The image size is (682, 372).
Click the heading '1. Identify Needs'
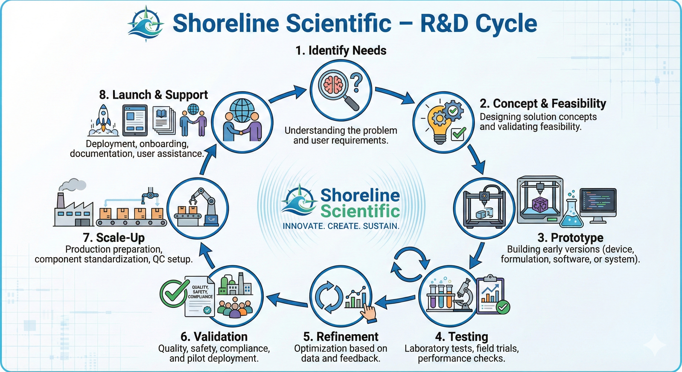pos(341,51)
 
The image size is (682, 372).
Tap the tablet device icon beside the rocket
pos(135,120)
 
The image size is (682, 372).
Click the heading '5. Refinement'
pos(341,337)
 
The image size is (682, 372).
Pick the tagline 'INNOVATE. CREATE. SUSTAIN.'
pos(341,226)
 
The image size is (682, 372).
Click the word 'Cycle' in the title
pos(506,23)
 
